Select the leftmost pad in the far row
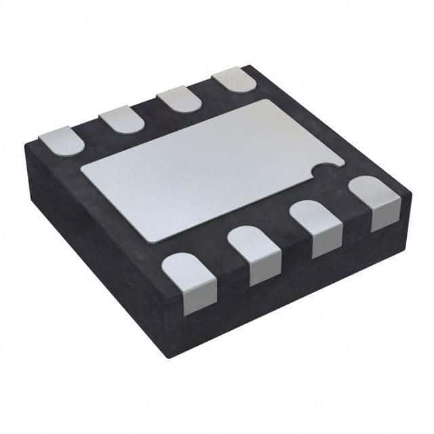[61, 140]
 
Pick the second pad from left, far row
[122, 120]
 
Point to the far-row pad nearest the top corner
[234, 81]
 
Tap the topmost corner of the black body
[251, 66]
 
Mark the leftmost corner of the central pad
[81, 170]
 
